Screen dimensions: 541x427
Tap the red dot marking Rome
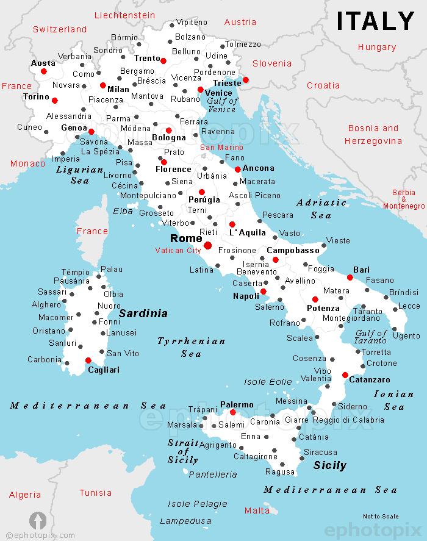tap(207, 245)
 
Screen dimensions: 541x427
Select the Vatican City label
tap(178, 250)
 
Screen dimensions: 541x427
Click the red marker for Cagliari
tap(88, 360)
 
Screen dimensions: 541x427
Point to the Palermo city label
tap(237, 404)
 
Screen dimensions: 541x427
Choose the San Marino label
tap(221, 148)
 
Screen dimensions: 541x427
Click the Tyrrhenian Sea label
tap(191, 347)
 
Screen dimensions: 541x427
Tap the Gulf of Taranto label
tap(371, 337)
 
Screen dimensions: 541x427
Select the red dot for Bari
tap(350, 278)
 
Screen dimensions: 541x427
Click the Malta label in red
tap(256, 510)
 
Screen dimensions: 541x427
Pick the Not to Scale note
tap(381, 516)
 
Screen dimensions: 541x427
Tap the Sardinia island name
tap(143, 313)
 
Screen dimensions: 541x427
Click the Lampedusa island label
tap(181, 521)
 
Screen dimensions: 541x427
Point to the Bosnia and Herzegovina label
tap(373, 134)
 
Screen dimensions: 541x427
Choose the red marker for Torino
tap(55, 101)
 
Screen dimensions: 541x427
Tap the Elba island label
tap(123, 211)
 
